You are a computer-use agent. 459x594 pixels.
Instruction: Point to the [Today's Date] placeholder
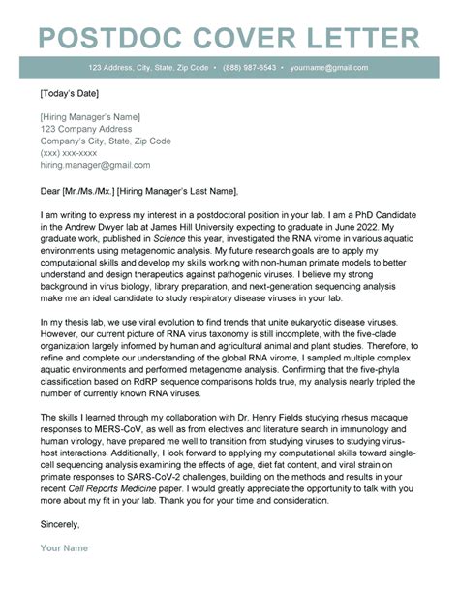(72, 95)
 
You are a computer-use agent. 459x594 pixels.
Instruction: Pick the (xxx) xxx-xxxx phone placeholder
(69, 153)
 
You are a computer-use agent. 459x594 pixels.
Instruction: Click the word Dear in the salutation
(51, 190)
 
